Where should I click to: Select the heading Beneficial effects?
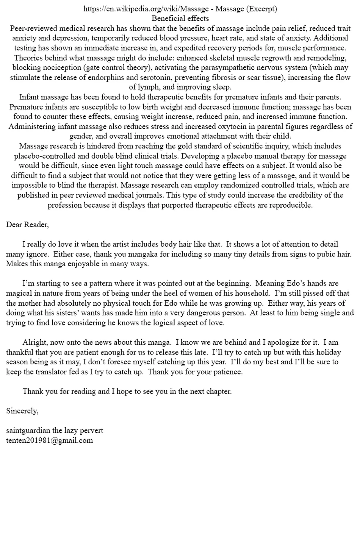tap(180, 19)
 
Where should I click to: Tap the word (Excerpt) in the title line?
tap(261, 9)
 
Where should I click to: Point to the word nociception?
tap(56, 68)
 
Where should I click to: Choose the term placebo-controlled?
tap(42, 156)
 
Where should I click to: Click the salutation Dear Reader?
tap(27, 225)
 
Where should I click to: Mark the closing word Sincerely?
tap(22, 411)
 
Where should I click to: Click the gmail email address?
tap(49, 440)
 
